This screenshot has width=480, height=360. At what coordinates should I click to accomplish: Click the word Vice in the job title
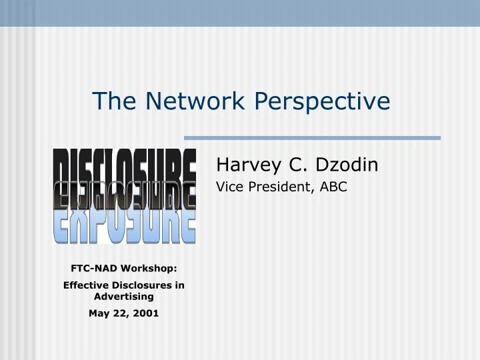pyautogui.click(x=229, y=187)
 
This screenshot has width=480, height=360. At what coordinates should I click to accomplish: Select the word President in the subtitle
pyautogui.click(x=279, y=187)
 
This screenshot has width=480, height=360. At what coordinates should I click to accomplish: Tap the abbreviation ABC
pyautogui.click(x=333, y=187)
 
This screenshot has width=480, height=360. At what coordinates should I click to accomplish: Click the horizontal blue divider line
pyautogui.click(x=312, y=138)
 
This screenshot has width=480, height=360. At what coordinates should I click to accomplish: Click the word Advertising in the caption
pyautogui.click(x=124, y=296)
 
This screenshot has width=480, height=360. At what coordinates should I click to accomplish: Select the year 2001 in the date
pyautogui.click(x=146, y=313)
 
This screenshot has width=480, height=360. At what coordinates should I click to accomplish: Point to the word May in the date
pyautogui.click(x=99, y=313)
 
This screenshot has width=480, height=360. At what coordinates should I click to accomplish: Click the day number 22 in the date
pyautogui.click(x=120, y=313)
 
